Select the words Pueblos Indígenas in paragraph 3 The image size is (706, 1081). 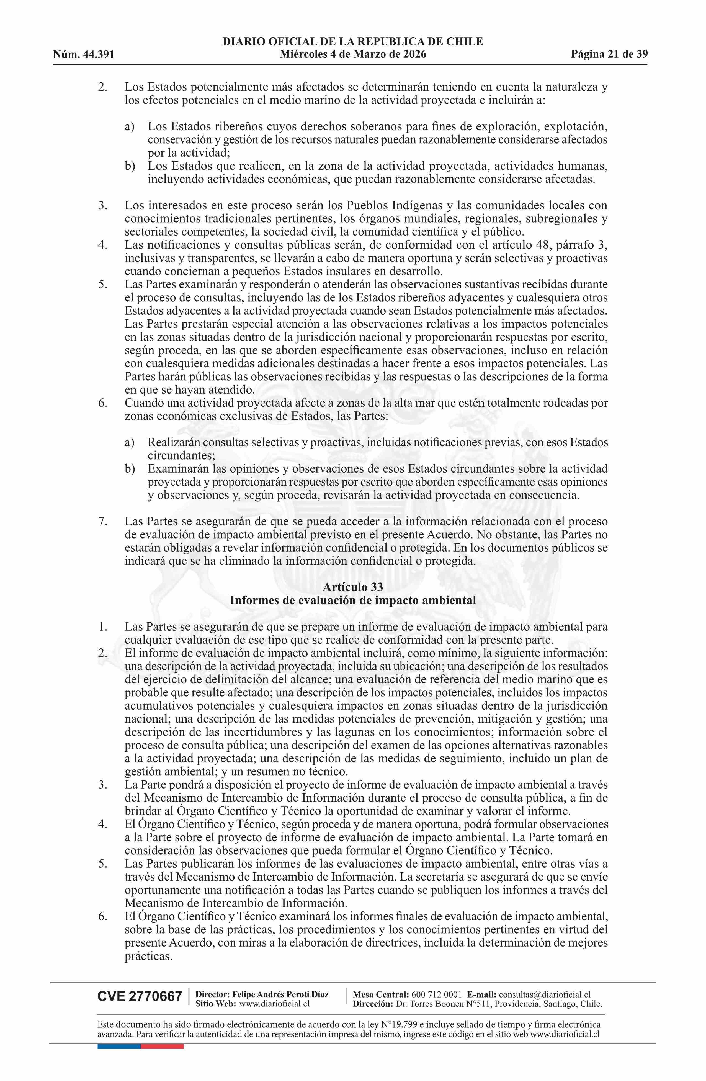tap(385, 205)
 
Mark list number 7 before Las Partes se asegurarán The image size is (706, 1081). tap(102, 521)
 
